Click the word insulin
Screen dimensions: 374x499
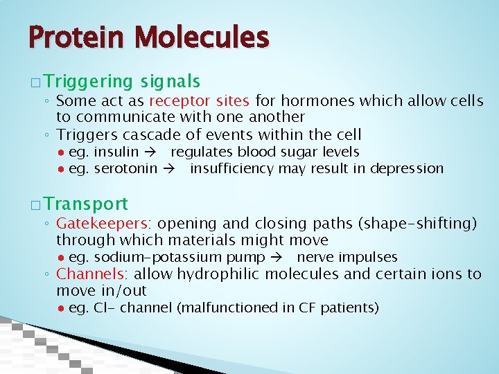(x=116, y=152)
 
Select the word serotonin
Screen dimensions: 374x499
(x=125, y=168)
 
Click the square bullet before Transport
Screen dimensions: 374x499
(x=36, y=205)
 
